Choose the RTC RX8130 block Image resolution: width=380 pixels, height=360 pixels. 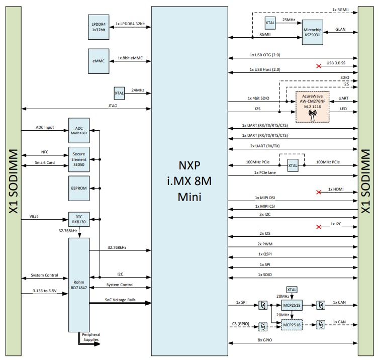pos(79,219)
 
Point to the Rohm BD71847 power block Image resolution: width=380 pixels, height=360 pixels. pos(79,285)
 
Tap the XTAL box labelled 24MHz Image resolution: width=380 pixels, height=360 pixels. pos(119,93)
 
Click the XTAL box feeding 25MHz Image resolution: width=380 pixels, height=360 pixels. pos(270,22)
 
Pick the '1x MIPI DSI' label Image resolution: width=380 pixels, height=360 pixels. pos(265,198)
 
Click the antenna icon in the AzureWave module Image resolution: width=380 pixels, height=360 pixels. pos(312,115)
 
